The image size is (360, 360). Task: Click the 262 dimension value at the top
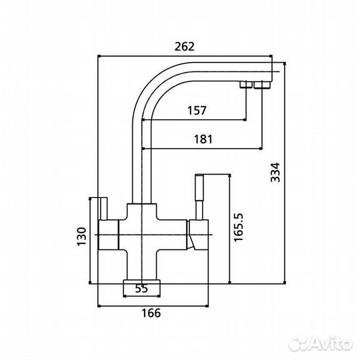point(185,47)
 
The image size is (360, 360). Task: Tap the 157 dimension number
point(197,111)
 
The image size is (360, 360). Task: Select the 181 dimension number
point(203,139)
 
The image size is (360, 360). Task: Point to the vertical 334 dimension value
point(275,173)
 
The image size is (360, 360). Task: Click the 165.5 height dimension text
point(238,227)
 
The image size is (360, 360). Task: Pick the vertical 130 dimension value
point(81,237)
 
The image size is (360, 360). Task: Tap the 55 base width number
point(141,289)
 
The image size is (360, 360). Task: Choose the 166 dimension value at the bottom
point(151,313)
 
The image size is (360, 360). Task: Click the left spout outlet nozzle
point(246,84)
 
